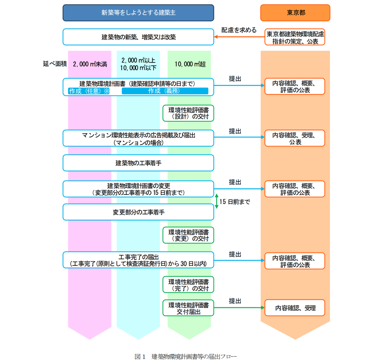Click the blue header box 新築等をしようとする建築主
click(x=138, y=13)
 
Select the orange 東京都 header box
click(x=295, y=13)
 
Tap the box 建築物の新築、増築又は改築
click(x=138, y=37)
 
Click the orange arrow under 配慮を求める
click(x=239, y=37)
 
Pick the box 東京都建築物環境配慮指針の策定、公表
click(x=295, y=37)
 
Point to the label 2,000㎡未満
click(x=90, y=64)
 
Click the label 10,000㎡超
click(x=190, y=64)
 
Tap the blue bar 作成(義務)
click(x=165, y=91)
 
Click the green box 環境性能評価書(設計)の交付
click(x=188, y=113)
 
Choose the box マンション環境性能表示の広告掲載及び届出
click(x=138, y=138)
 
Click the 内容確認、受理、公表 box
click(x=295, y=138)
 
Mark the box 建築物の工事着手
click(x=138, y=163)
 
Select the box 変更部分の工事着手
click(x=138, y=212)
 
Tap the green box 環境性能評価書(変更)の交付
click(x=188, y=235)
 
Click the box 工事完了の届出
click(x=138, y=260)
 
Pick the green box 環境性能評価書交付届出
click(x=188, y=308)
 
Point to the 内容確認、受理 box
click(x=295, y=308)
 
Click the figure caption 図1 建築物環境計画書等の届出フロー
click(x=185, y=356)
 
